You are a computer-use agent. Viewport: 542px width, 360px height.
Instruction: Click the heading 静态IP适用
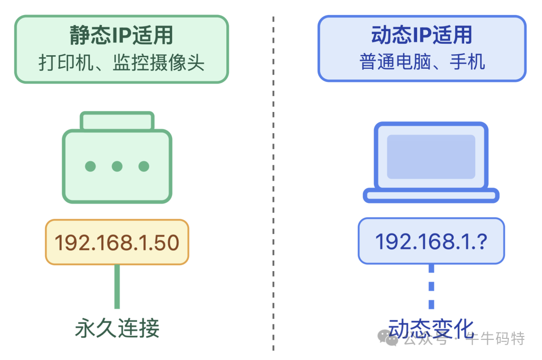(x=121, y=36)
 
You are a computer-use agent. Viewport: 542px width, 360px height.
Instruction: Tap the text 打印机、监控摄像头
(x=121, y=63)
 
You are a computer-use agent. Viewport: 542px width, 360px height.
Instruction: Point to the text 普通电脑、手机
(x=422, y=62)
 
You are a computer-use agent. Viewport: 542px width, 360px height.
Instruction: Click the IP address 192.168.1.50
(x=117, y=243)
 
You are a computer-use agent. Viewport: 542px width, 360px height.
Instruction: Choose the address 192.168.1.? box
(x=431, y=241)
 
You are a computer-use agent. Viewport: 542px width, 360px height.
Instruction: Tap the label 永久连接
(x=117, y=328)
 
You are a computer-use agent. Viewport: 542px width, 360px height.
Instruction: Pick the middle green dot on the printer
(x=117, y=166)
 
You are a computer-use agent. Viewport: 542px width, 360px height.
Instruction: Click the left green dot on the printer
(x=90, y=166)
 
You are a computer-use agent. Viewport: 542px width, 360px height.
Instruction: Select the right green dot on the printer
(x=144, y=166)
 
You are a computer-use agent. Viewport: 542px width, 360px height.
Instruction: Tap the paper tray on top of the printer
(x=117, y=121)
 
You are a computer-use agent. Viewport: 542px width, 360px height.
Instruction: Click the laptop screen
(x=431, y=156)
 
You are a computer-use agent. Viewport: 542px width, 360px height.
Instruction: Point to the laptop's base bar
(x=431, y=195)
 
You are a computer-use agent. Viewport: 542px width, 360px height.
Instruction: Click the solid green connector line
(x=117, y=286)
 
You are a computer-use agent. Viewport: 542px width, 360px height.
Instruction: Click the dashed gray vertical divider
(x=274, y=181)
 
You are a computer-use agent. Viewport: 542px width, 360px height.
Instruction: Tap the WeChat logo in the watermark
(x=388, y=338)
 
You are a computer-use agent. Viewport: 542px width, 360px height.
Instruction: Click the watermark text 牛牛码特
(x=495, y=339)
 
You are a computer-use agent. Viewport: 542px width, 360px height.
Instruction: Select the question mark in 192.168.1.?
(x=482, y=242)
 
